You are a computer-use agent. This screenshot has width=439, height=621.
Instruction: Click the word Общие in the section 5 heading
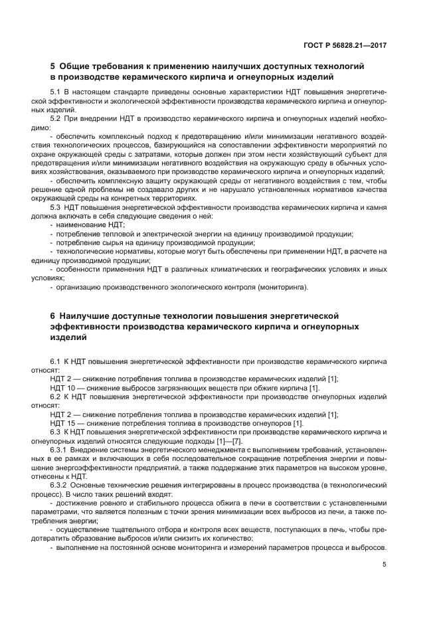tap(79, 67)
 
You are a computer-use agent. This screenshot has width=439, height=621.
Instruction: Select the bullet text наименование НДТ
tap(90, 225)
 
